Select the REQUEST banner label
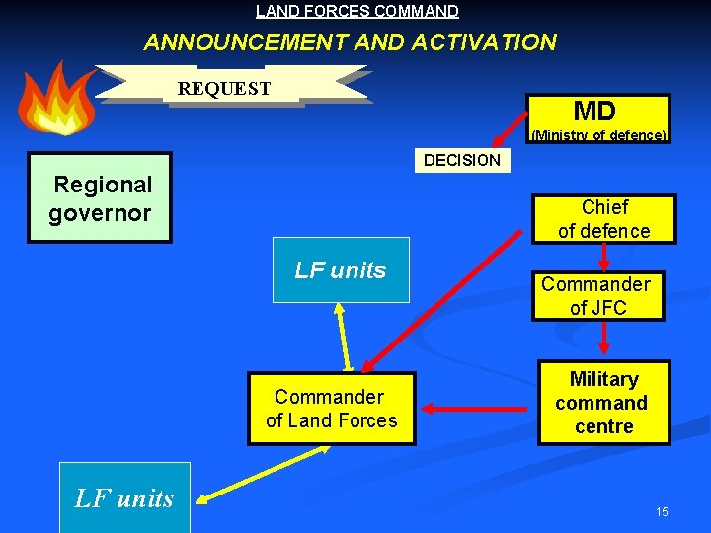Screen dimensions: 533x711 point(224,88)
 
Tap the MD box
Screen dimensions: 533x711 point(595,111)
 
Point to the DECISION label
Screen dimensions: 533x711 point(461,160)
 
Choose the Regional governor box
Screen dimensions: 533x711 point(100,197)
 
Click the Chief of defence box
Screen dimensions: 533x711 point(603,219)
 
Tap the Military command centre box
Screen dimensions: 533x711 point(602,403)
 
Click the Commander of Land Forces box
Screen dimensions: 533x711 point(332,409)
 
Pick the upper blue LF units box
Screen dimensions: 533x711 point(341,269)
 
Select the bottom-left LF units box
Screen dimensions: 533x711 point(124,497)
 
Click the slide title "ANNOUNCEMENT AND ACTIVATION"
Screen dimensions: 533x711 point(350,42)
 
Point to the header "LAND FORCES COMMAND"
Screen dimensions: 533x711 point(356,12)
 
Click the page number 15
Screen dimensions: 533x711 point(662,511)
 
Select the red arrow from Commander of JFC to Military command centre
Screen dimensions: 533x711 point(604,340)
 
